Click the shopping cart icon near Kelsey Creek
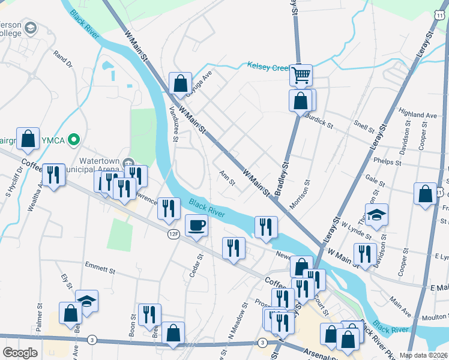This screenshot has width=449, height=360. coord(301,75)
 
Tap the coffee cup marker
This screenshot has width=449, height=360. coord(196,226)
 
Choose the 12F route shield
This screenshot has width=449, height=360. coord(173,234)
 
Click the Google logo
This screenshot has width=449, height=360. coord(20,353)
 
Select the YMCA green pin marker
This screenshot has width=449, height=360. coord(74,140)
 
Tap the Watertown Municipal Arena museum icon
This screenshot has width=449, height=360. coord(128,163)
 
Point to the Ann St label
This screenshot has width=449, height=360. coord(227,178)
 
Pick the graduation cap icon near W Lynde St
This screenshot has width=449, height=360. coord(376,214)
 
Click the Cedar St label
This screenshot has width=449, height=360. coord(193,265)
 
